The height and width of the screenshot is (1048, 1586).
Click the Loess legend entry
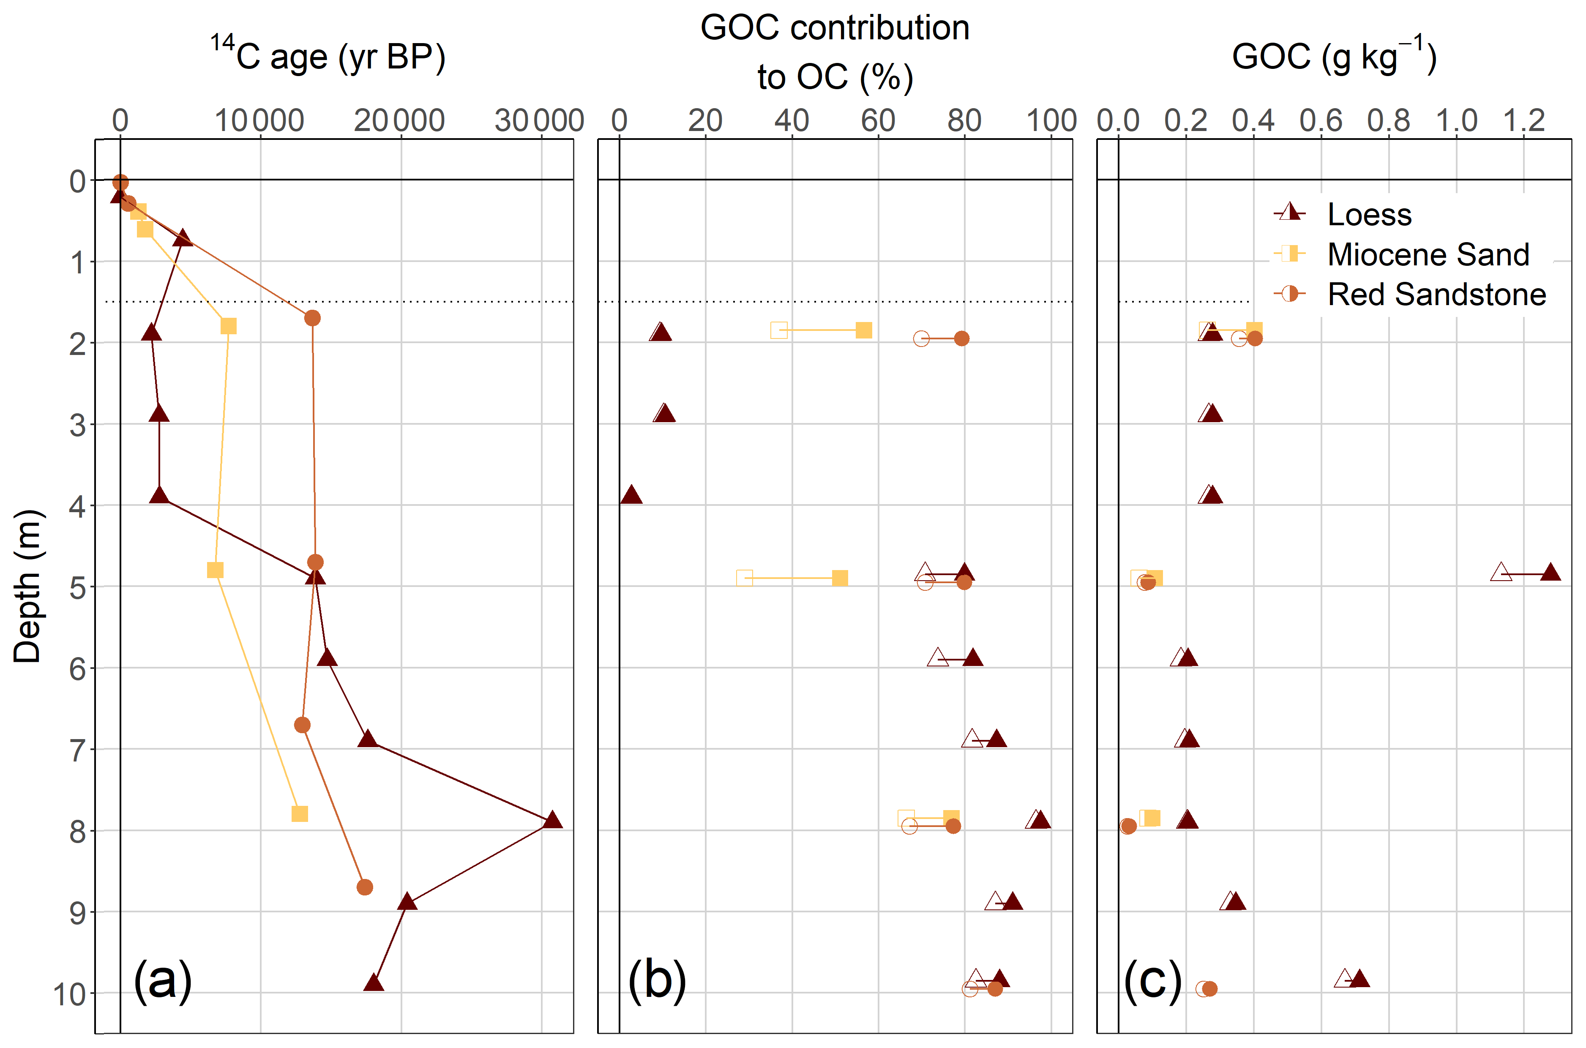[x=1369, y=215]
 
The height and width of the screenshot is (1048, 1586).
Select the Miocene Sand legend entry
[x=1428, y=255]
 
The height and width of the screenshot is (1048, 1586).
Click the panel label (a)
[x=162, y=980]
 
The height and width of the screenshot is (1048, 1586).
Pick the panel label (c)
[x=1153, y=980]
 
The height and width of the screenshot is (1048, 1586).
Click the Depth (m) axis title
[x=28, y=586]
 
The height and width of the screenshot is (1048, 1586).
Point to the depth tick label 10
[x=69, y=994]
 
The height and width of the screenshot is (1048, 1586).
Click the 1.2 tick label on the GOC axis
[x=1524, y=121]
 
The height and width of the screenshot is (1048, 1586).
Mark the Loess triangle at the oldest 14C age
[x=552, y=820]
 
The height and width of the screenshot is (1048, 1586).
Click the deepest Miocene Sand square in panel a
[x=300, y=813]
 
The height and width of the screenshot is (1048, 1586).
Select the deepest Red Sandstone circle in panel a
[x=364, y=887]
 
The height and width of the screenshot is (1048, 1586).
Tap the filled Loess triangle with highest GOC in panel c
[x=1551, y=573]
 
